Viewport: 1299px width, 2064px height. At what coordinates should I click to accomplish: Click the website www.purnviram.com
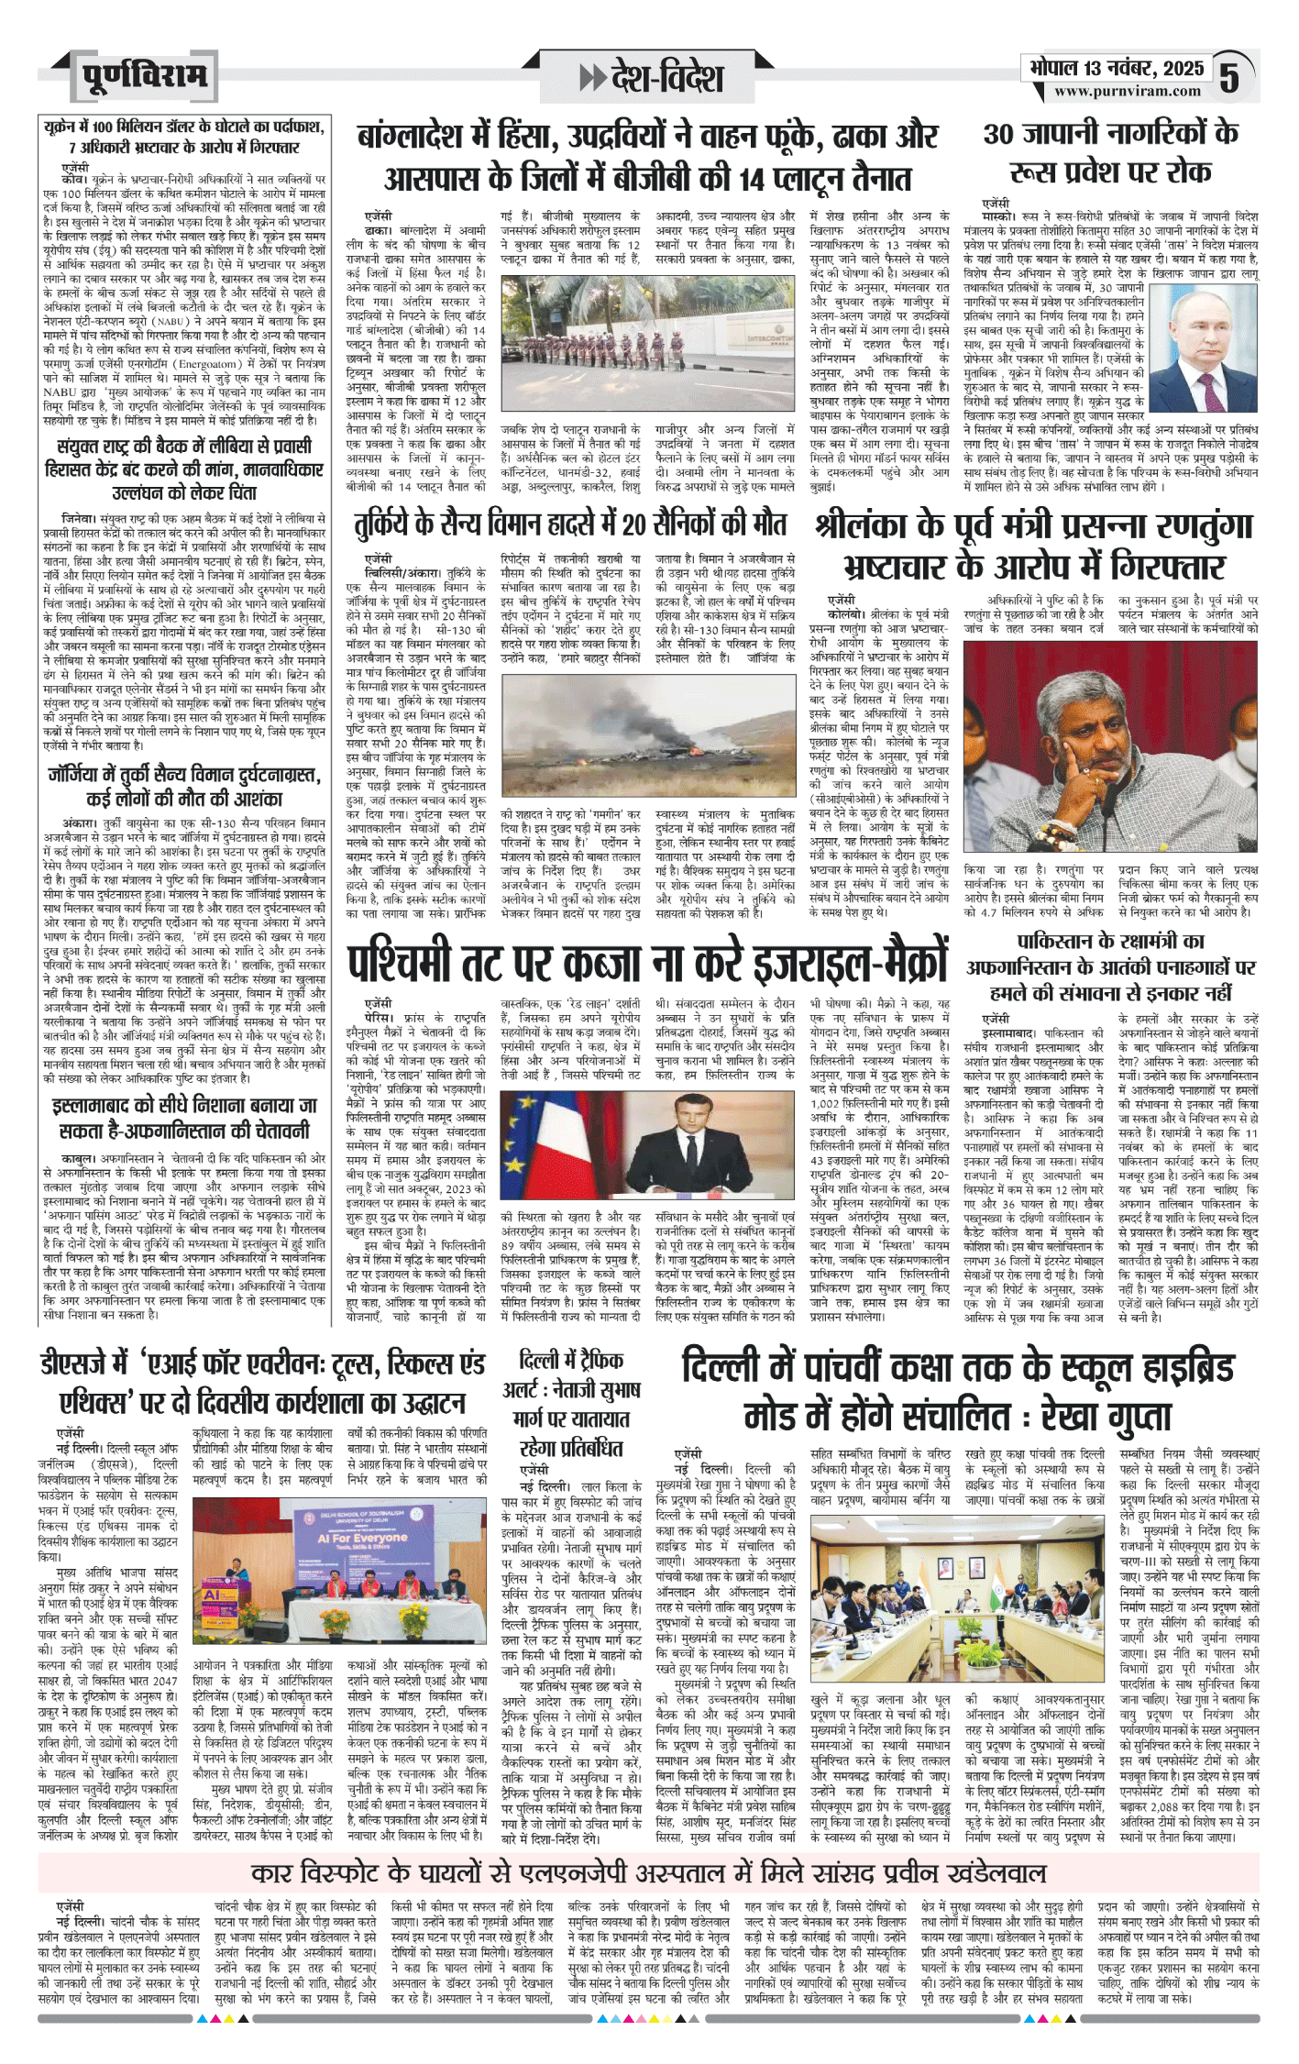point(1127,92)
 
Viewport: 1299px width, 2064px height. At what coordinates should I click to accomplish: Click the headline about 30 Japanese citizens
point(1110,151)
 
